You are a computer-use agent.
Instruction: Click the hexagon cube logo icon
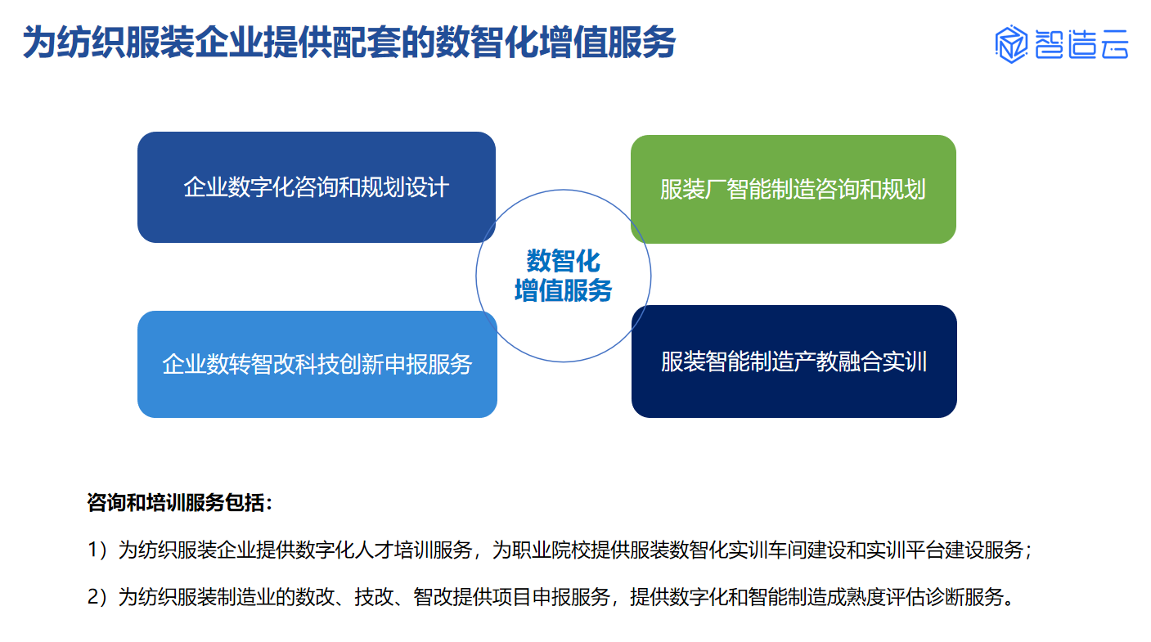(x=1011, y=44)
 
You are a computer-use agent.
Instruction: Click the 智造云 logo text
(x=1081, y=44)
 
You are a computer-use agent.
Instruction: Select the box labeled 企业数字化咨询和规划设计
(x=317, y=187)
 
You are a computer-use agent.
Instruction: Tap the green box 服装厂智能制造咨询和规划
(x=794, y=189)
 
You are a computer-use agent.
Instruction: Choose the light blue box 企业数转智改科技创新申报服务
(x=317, y=364)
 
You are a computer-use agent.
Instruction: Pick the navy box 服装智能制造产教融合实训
(x=794, y=361)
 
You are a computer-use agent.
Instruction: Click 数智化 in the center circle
(x=563, y=261)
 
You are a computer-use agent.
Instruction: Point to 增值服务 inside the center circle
(x=563, y=290)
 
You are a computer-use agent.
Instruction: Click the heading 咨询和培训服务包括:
(x=179, y=502)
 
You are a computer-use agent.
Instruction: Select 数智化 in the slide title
(x=487, y=42)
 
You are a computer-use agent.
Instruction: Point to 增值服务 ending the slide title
(x=607, y=42)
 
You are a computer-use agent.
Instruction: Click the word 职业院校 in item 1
(x=551, y=550)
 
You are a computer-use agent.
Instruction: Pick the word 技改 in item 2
(x=374, y=597)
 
